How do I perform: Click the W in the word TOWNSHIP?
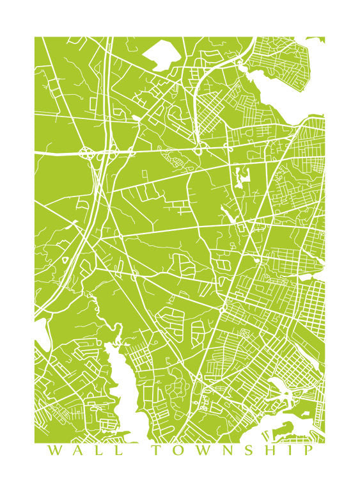pos(203,451)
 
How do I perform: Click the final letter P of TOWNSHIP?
pos(309,451)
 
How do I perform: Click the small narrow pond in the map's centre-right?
pos(241,177)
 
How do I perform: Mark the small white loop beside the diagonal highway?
pos(65,260)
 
